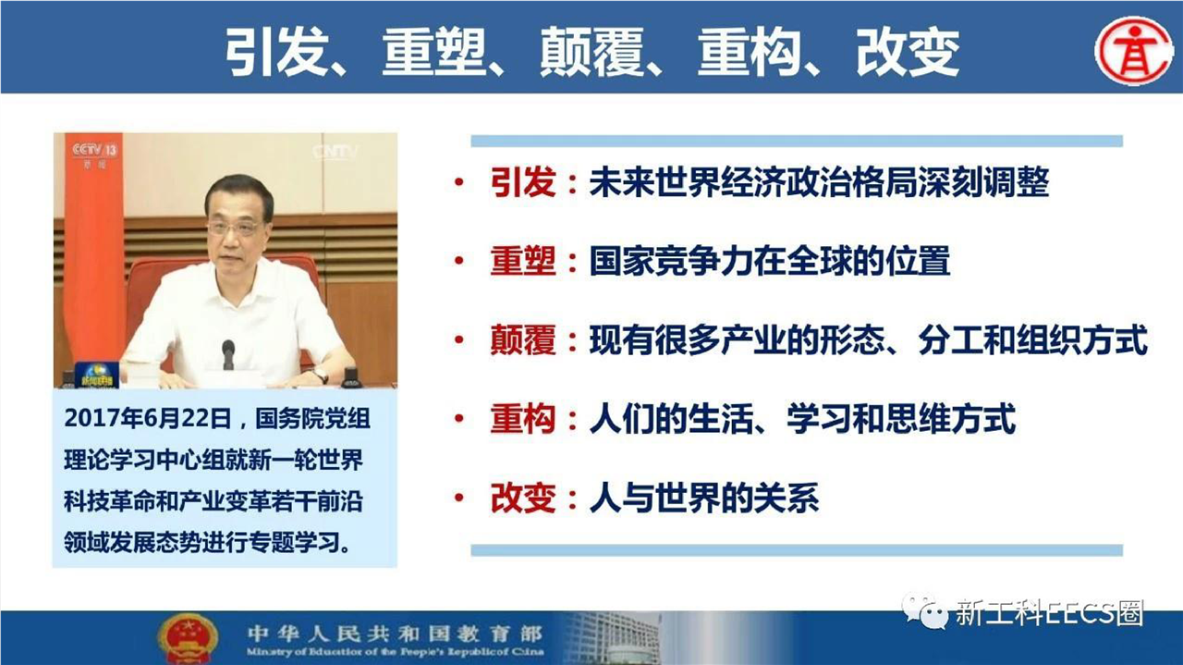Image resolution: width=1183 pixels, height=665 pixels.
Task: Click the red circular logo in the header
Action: (1133, 49)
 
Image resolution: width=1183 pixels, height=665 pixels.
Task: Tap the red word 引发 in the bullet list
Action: (523, 183)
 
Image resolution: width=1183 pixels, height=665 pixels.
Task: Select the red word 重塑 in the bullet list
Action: (523, 261)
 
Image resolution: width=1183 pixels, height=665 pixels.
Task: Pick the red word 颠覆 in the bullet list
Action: (523, 340)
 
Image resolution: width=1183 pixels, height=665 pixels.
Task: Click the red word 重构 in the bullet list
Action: (523, 419)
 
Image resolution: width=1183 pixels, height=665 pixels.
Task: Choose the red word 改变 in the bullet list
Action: (523, 498)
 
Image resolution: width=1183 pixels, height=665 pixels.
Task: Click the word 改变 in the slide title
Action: (908, 52)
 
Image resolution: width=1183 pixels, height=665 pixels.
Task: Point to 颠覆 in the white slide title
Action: (592, 52)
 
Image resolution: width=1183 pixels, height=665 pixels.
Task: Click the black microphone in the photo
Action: (228, 354)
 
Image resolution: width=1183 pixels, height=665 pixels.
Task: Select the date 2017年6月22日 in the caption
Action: (148, 418)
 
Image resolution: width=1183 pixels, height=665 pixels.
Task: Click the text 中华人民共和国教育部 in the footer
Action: (395, 633)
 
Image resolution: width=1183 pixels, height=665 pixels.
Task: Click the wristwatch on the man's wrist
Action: (320, 376)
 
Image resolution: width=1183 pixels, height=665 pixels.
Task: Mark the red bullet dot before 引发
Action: (459, 183)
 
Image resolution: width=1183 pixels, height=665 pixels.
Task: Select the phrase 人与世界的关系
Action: (704, 498)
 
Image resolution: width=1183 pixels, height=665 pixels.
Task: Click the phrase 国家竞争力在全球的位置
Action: (770, 261)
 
